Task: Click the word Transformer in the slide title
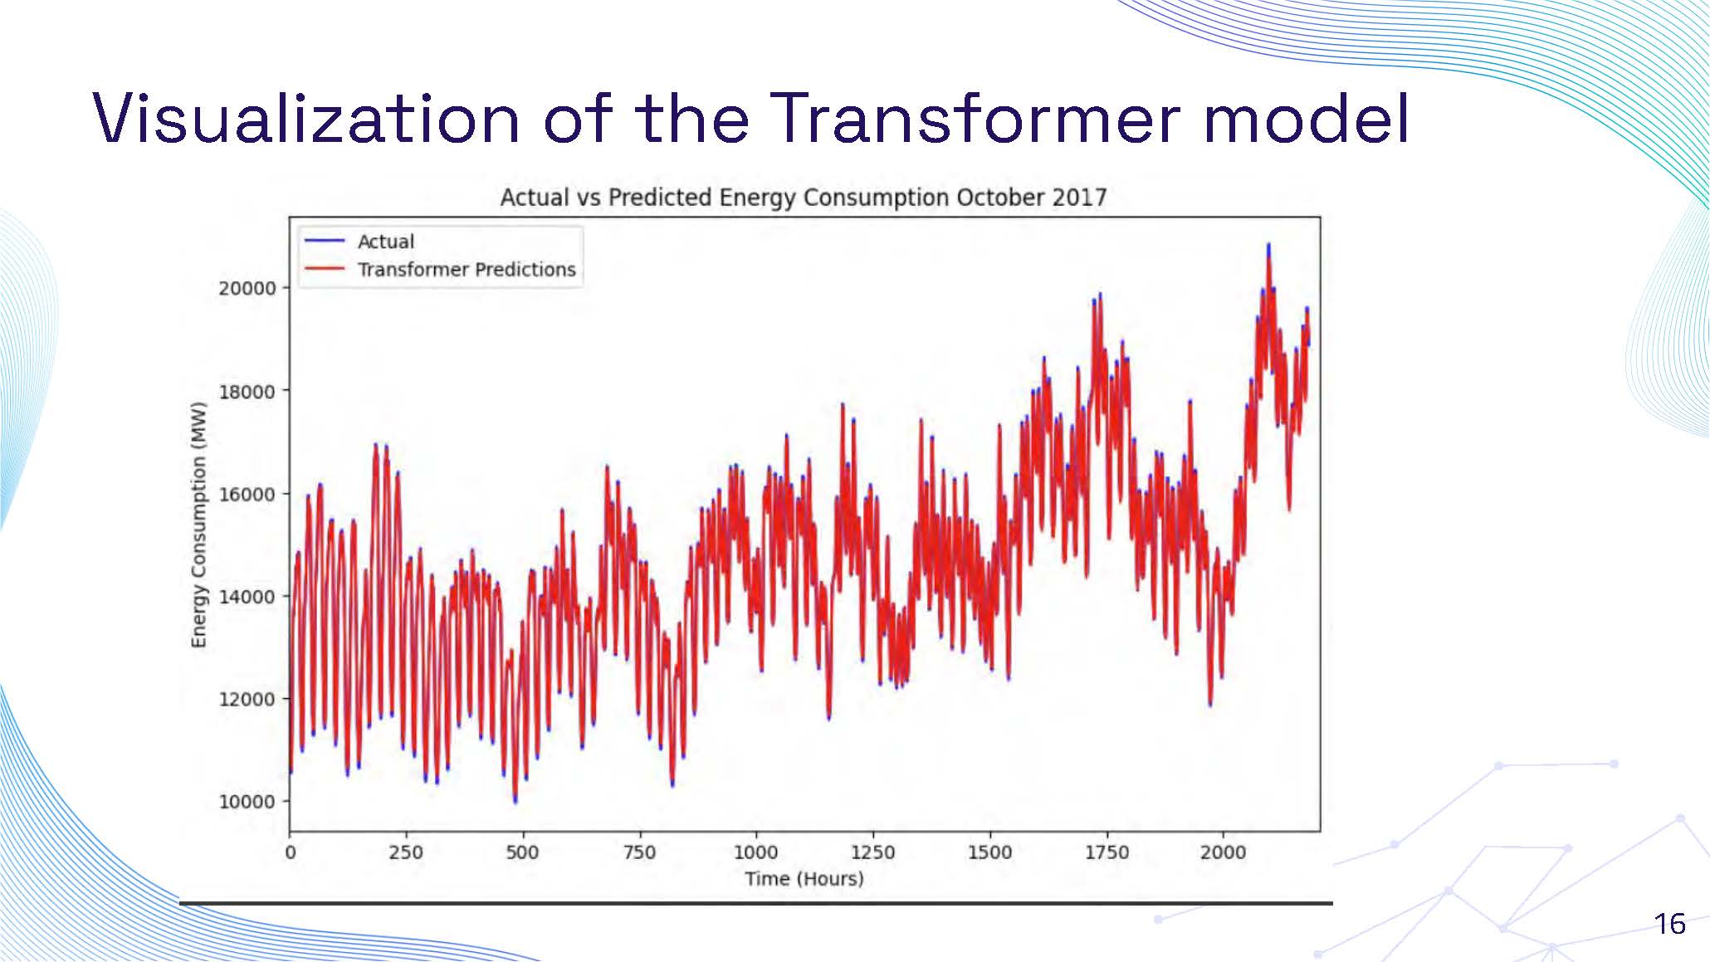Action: point(976,119)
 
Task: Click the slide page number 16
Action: point(1669,924)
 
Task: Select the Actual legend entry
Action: point(385,242)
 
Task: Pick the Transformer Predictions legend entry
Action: point(466,270)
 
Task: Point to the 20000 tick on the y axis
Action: point(247,288)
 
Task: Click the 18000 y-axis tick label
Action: point(247,391)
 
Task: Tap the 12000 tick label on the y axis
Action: point(247,699)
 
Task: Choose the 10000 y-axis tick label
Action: point(247,802)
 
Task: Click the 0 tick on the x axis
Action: point(291,852)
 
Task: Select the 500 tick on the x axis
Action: point(523,852)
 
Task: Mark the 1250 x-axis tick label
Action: point(873,852)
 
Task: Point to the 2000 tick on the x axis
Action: point(1223,852)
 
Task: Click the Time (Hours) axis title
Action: point(804,878)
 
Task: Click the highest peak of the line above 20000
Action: point(1268,247)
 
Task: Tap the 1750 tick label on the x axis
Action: point(1107,852)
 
